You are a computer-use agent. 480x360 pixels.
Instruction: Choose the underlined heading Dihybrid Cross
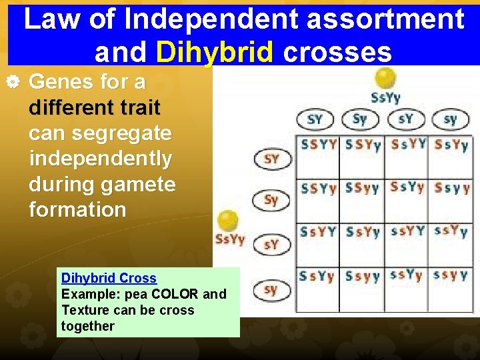click(109, 278)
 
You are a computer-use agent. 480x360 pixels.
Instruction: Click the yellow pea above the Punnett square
click(385, 78)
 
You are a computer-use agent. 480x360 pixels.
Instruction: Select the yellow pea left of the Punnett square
click(227, 221)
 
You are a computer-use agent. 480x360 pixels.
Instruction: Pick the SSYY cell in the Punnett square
click(319, 144)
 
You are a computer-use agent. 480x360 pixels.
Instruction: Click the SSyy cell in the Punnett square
click(362, 188)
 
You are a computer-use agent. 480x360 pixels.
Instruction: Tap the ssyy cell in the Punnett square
click(451, 275)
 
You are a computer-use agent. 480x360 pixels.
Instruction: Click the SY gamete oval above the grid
click(315, 119)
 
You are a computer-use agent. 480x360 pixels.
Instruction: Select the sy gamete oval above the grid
click(450, 119)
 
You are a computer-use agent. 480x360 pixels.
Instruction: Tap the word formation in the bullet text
click(77, 209)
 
